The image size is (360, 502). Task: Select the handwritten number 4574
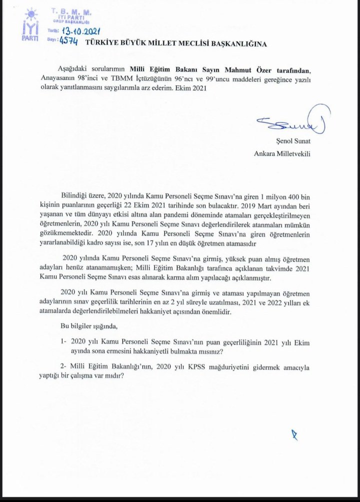click(67, 42)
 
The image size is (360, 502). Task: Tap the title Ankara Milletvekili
click(282, 153)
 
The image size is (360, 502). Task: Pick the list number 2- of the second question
click(63, 368)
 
